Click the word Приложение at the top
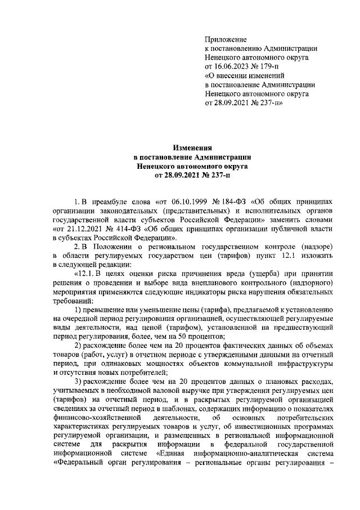[226, 39]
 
